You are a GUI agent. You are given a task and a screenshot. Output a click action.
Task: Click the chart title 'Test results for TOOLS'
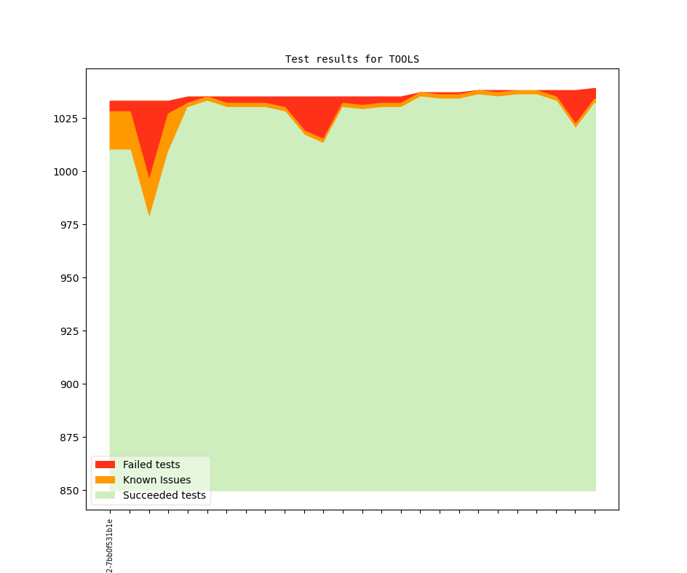[352, 59]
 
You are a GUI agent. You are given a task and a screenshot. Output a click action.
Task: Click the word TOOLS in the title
[404, 59]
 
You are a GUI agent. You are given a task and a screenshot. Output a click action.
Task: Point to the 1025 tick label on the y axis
[66, 118]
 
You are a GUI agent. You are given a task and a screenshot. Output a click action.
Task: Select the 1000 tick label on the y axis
[66, 172]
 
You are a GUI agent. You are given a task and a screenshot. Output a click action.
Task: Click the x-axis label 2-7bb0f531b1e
[110, 545]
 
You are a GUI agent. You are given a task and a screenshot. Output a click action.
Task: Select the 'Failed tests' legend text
[151, 465]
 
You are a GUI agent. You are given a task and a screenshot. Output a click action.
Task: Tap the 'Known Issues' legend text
[156, 480]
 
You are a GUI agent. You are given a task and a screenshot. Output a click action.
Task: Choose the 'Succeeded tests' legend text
[164, 496]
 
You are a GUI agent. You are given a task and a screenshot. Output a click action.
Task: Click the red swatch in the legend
[105, 465]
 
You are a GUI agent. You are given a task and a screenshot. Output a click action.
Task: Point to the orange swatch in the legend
[105, 480]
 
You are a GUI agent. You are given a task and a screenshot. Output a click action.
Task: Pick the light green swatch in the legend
[105, 496]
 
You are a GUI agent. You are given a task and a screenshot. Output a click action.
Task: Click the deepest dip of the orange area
[149, 211]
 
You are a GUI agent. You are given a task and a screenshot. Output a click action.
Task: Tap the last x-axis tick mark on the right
[595, 512]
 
